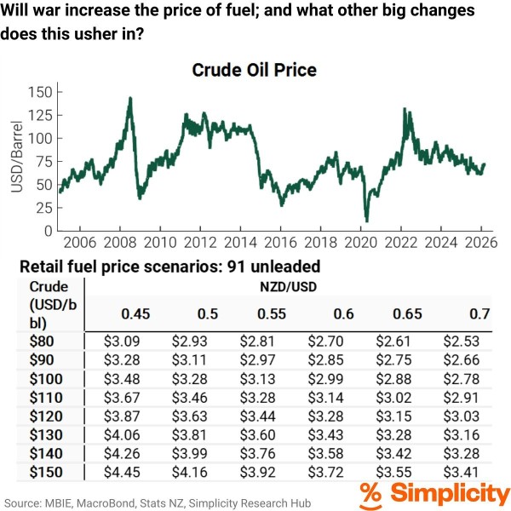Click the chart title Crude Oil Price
255,69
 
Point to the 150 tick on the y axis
42,92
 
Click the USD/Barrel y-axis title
17,161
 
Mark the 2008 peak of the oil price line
129,99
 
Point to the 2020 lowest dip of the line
366,221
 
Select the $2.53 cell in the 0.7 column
461,341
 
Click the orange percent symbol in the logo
370,494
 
